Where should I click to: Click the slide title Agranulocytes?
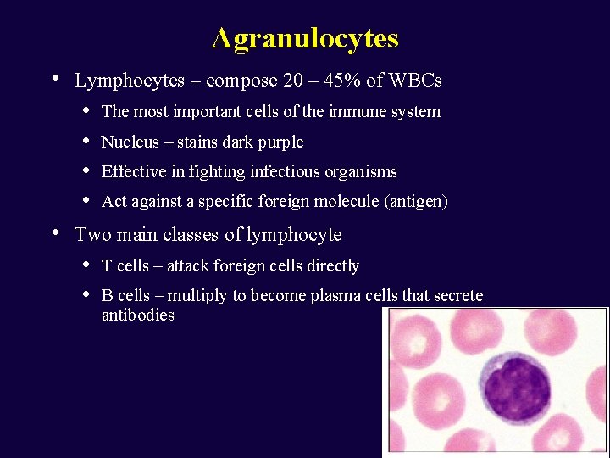point(305,38)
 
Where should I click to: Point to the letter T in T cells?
point(106,266)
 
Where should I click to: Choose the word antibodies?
point(137,316)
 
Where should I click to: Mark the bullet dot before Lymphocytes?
point(55,79)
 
